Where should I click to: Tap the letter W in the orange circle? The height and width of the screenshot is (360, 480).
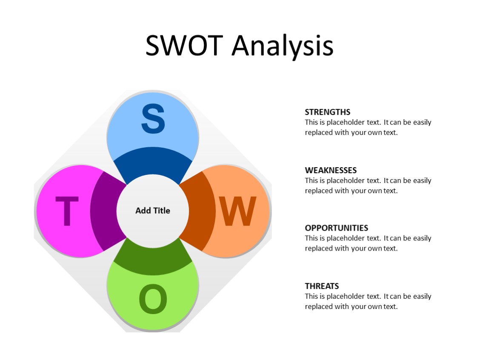click(x=237, y=211)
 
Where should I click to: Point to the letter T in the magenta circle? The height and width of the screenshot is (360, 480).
click(x=67, y=211)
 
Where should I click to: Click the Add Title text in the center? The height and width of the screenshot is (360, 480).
click(x=153, y=211)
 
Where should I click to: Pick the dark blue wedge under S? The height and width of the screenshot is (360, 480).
click(x=153, y=164)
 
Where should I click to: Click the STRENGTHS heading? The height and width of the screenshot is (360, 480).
click(x=328, y=112)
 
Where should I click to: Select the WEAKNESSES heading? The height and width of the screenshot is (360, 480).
click(x=331, y=170)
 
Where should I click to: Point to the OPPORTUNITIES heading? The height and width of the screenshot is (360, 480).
click(x=337, y=228)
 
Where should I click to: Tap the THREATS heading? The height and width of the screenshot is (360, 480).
click(x=322, y=286)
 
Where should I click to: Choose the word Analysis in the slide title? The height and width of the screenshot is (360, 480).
click(x=282, y=46)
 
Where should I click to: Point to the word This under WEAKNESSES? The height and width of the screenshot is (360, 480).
click(x=312, y=180)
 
